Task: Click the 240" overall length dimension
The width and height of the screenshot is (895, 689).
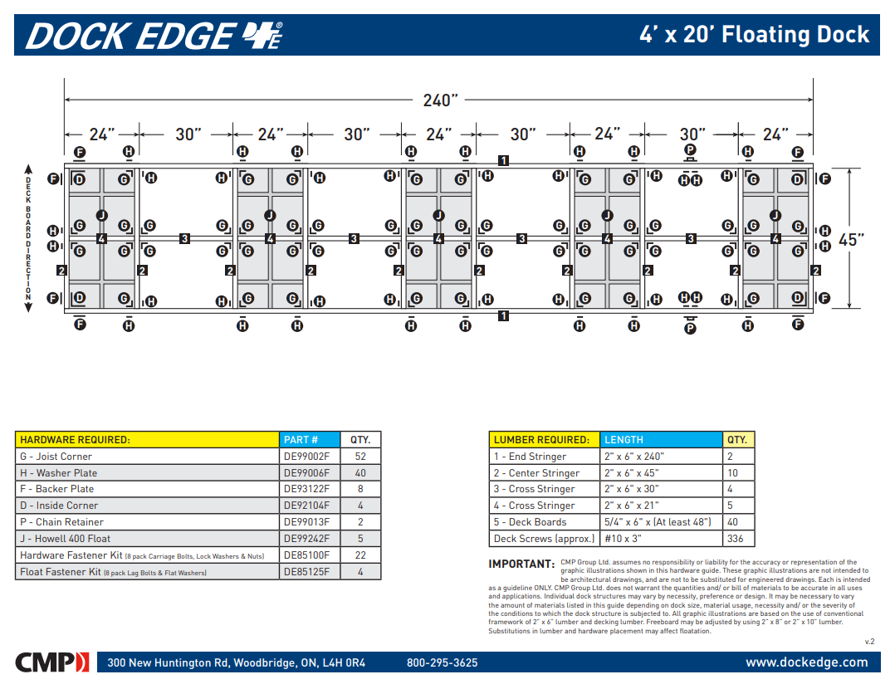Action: point(440,100)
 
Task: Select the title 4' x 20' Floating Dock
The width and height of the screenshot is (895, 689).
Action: point(754,35)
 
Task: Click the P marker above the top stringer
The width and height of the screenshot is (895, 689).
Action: point(690,150)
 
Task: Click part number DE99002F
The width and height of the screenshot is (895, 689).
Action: point(306,457)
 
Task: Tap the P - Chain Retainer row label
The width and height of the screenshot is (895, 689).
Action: point(62,522)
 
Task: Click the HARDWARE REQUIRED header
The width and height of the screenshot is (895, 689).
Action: point(76,440)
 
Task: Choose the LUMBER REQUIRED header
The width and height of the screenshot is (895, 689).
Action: point(541,440)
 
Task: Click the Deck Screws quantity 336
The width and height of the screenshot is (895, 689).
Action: point(736,539)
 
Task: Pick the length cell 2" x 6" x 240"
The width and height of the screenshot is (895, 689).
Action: point(634,457)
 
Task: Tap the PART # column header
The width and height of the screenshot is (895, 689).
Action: point(301,440)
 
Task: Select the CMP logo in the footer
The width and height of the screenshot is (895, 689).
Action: point(51,662)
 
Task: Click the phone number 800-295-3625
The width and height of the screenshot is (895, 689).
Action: point(442,663)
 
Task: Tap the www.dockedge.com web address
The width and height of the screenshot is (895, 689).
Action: point(806,662)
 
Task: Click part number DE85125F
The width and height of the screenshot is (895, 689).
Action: point(306,572)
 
